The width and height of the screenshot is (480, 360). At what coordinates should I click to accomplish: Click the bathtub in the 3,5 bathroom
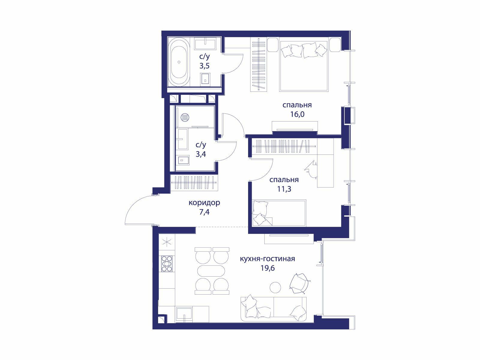pyautogui.click(x=179, y=62)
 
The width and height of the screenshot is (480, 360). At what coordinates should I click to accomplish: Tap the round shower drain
pyautogui.click(x=184, y=117)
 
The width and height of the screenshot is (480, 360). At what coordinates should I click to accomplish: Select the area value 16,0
pyautogui.click(x=297, y=114)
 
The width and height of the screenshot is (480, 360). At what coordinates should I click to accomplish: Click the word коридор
pyautogui.click(x=204, y=203)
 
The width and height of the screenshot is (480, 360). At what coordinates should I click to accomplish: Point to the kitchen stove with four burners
pyautogui.click(x=167, y=264)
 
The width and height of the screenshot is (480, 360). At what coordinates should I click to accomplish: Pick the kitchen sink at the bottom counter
pyautogui.click(x=184, y=314)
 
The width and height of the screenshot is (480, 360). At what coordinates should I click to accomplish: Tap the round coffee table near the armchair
pyautogui.click(x=275, y=287)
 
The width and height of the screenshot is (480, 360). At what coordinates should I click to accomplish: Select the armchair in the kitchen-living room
pyautogui.click(x=299, y=283)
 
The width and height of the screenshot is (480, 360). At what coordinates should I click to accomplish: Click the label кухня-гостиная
pyautogui.click(x=267, y=259)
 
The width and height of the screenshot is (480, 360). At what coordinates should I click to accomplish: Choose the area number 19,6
pyautogui.click(x=267, y=268)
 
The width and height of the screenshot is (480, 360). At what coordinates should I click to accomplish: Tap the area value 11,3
pyautogui.click(x=284, y=189)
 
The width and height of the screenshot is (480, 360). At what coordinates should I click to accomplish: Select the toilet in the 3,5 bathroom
pyautogui.click(x=205, y=80)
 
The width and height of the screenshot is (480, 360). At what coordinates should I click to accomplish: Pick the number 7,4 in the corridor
pyautogui.click(x=204, y=212)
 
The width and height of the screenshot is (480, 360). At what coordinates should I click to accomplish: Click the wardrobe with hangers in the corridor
pyautogui.click(x=194, y=182)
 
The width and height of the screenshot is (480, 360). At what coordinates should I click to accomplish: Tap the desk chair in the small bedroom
pyautogui.click(x=311, y=169)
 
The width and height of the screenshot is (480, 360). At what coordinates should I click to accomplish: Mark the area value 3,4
pyautogui.click(x=200, y=154)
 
